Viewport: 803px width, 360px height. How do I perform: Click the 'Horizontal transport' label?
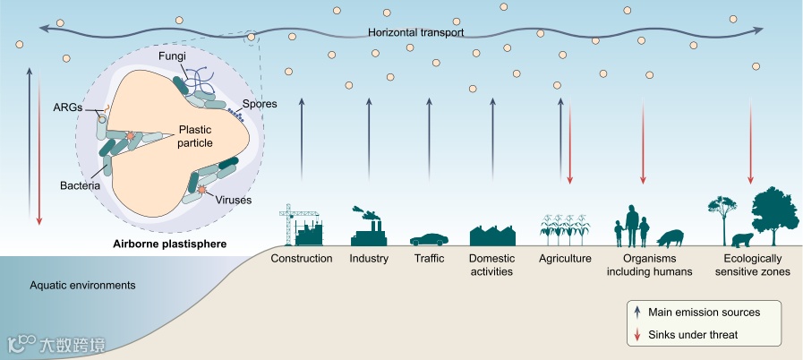click(x=415, y=33)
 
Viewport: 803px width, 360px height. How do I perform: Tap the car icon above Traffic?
click(x=430, y=238)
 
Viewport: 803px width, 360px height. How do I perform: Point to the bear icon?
click(x=742, y=239)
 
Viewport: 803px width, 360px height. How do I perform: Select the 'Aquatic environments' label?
click(x=82, y=286)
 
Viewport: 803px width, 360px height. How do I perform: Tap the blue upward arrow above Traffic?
click(x=430, y=140)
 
